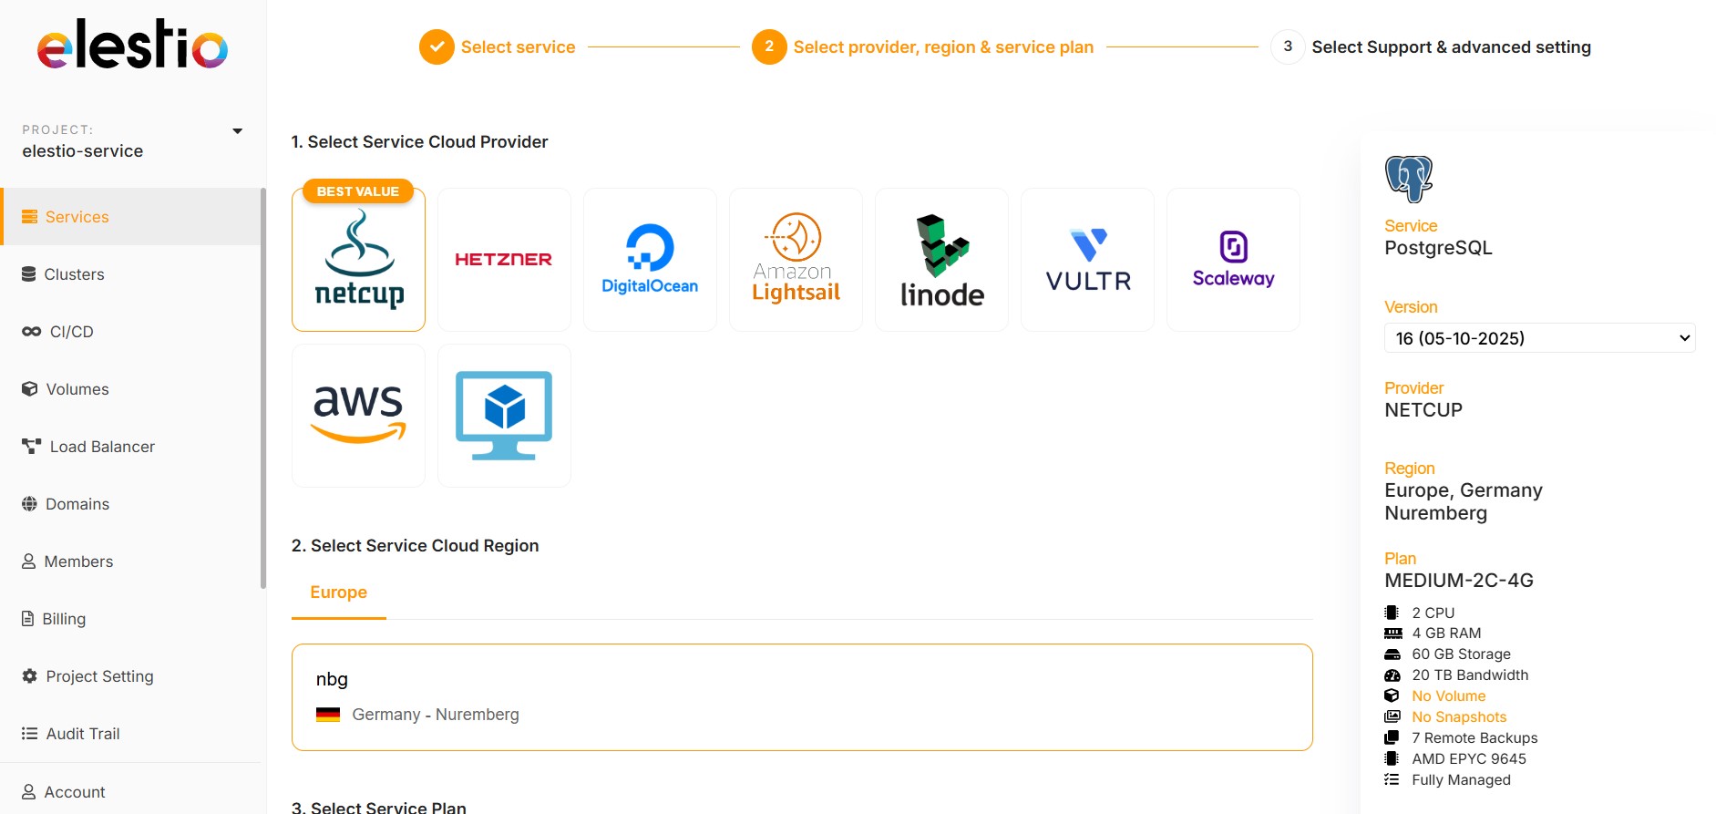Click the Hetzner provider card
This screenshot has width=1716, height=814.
pos(504,260)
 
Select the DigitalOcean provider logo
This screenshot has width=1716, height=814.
pos(650,260)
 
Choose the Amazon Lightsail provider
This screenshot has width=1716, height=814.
pos(796,260)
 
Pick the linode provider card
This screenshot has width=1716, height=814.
pos(941,260)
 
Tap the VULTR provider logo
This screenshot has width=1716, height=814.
pos(1087,260)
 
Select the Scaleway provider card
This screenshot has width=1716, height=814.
pos(1233,260)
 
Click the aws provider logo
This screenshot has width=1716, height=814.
pos(358,415)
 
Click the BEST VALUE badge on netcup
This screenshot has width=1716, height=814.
pos(358,191)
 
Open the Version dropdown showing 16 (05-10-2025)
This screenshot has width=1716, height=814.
pos(1538,338)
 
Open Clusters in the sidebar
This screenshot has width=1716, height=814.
pos(74,274)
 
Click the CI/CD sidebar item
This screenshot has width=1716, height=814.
pos(71,332)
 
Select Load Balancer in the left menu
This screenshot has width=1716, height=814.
pos(101,447)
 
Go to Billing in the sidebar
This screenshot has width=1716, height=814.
pos(64,619)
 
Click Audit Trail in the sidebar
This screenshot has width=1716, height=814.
pos(82,734)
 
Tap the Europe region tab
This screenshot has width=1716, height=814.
pos(338,592)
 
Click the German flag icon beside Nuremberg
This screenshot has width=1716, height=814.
pos(328,715)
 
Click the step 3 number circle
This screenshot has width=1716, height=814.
pos(1287,46)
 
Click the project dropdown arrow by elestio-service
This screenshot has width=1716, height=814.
pos(238,131)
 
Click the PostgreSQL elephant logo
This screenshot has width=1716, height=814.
pos(1408,179)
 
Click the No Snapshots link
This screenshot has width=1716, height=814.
pos(1458,717)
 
